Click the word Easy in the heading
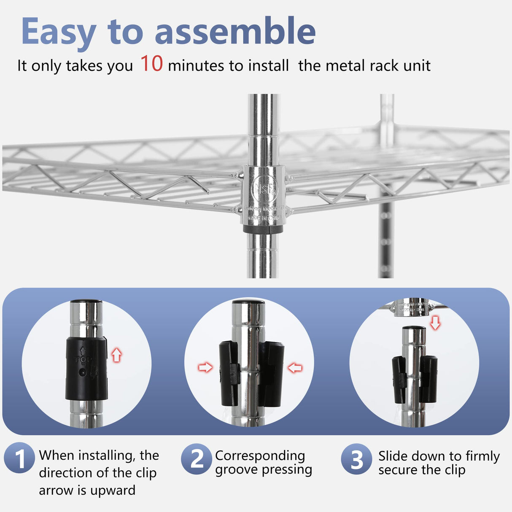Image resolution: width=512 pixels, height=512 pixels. pyautogui.click(x=59, y=32)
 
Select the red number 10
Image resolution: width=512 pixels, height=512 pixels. pyautogui.click(x=151, y=64)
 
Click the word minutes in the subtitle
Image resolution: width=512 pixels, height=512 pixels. pyautogui.click(x=196, y=66)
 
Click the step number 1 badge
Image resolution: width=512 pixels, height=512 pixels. pyautogui.click(x=19, y=458)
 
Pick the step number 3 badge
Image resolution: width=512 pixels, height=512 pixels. pyautogui.click(x=356, y=459)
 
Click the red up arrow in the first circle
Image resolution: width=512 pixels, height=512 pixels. pyautogui.click(x=116, y=355)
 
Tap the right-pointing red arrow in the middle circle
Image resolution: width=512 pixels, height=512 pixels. pyautogui.click(x=205, y=367)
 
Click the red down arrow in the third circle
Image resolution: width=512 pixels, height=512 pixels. pyautogui.click(x=435, y=323)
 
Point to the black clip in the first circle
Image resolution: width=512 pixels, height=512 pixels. pyautogui.click(x=86, y=368)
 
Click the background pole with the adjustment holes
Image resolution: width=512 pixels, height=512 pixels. pyautogui.click(x=386, y=236)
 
